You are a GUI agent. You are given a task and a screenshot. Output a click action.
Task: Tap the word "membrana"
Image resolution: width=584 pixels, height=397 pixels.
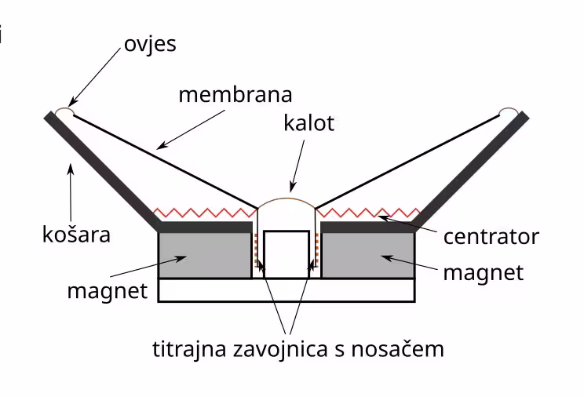[x=235, y=95]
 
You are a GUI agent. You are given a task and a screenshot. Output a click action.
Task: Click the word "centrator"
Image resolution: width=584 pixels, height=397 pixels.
[x=490, y=236]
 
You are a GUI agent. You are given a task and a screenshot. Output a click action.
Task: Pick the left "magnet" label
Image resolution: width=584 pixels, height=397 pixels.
[x=107, y=291]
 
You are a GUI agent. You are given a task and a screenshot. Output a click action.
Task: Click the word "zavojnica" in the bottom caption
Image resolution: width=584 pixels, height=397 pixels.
[x=297, y=348]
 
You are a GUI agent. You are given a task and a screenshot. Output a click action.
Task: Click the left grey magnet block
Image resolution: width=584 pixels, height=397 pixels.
[x=204, y=255]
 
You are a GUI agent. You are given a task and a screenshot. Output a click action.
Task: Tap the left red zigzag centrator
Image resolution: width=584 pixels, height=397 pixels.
[x=204, y=212]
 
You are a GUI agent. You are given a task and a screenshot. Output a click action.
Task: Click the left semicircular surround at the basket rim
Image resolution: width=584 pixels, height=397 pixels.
[x=64, y=113]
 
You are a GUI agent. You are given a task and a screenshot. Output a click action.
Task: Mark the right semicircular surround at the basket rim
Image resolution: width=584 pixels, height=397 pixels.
[x=509, y=113]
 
